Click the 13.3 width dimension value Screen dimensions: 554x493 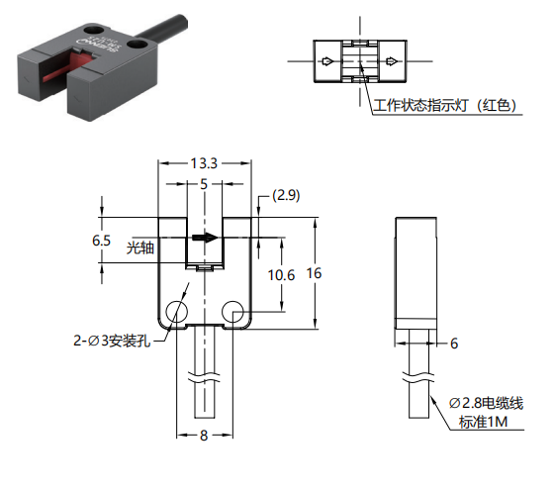[x=204, y=163]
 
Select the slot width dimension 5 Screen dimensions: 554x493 [x=204, y=184]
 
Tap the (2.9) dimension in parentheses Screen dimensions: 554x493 [x=286, y=195]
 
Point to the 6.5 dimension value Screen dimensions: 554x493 [x=101, y=241]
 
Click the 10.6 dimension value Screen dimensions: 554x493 [x=281, y=275]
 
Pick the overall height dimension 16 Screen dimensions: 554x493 [x=314, y=273]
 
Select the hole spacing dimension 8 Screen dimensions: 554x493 [x=204, y=436]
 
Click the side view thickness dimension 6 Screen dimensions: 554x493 [x=454, y=344]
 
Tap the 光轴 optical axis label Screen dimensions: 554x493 [x=140, y=247]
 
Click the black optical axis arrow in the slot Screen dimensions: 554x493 [x=206, y=238]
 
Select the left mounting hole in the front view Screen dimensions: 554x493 [x=177, y=312]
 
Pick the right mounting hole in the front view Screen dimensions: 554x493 [x=232, y=312]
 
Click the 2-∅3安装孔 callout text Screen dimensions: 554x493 [x=112, y=341]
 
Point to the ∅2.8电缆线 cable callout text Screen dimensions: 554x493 [x=486, y=403]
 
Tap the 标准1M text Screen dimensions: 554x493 [x=483, y=422]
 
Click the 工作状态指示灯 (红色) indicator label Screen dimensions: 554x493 [x=445, y=105]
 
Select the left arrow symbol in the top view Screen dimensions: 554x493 [x=327, y=61]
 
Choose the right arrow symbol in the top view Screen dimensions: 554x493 [x=392, y=61]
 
